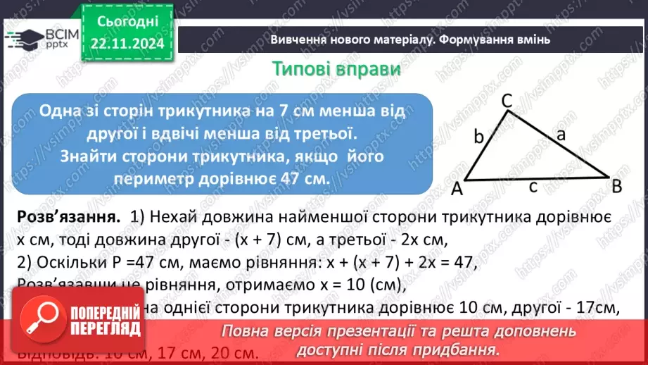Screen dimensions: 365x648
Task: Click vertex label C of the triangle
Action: click(507, 101)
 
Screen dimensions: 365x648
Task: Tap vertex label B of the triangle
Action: click(616, 187)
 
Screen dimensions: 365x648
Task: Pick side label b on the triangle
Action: click(478, 137)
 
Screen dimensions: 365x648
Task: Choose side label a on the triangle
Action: click(561, 137)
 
